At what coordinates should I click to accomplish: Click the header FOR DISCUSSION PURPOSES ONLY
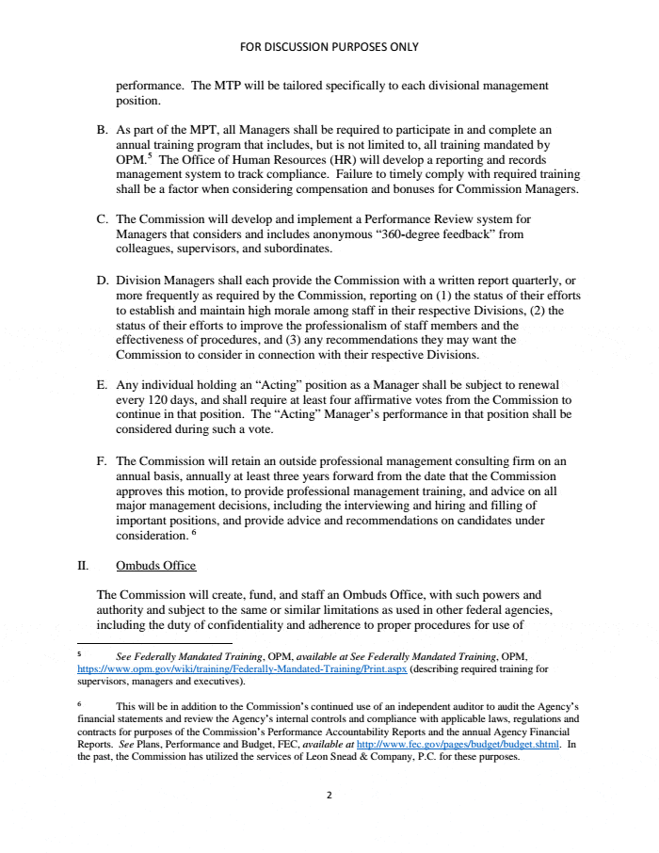point(329,46)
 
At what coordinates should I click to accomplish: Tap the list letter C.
point(102,219)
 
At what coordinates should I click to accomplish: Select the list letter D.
point(102,281)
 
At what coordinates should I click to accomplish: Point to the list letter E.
point(102,385)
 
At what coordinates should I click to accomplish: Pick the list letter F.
point(102,461)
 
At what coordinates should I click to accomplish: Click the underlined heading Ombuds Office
point(155,566)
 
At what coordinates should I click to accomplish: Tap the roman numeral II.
point(82,566)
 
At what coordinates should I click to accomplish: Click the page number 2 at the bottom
point(329,795)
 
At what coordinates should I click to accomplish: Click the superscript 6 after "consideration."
point(194,532)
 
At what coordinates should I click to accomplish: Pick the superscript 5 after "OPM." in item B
point(149,156)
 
